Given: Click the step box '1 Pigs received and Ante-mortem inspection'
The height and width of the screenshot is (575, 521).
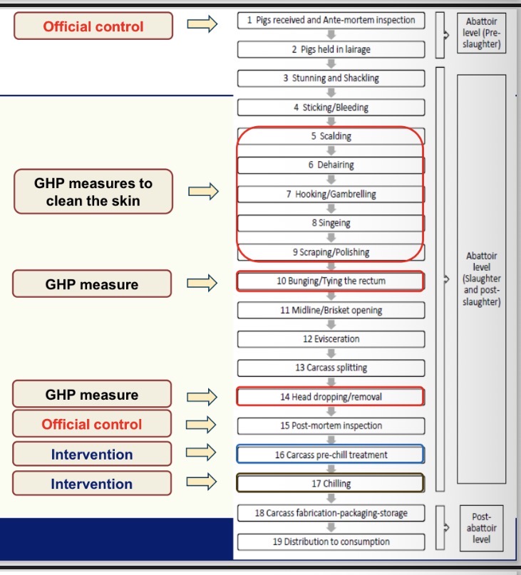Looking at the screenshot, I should [331, 21].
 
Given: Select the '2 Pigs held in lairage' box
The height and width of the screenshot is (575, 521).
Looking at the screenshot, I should [331, 50].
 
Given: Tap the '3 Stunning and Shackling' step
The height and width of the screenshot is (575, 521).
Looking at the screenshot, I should [331, 78].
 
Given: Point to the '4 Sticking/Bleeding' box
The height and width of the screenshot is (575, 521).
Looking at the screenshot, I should [331, 108].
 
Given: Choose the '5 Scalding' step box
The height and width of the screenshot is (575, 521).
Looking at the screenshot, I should [331, 136].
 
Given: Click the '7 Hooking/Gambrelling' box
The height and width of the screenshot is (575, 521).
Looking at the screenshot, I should [331, 194].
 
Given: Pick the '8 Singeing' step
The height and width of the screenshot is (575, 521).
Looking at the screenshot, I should [331, 223].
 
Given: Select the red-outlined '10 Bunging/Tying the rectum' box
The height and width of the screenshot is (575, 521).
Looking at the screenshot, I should [331, 281].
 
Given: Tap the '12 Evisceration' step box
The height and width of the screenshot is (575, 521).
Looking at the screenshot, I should [331, 339].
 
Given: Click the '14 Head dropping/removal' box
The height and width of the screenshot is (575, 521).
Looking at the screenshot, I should [331, 397].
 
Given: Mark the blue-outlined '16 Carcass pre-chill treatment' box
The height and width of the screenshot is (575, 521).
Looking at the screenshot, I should [331, 455].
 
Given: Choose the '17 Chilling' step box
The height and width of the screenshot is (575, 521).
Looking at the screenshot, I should [331, 484].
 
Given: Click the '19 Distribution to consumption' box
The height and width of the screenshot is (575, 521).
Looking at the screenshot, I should [331, 542].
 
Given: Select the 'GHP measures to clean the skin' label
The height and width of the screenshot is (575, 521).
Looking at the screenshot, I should [93, 192].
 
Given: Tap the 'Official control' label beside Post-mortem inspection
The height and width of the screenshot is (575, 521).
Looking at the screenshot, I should [92, 425].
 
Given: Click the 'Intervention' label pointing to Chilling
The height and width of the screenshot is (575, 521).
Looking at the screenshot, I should [92, 484].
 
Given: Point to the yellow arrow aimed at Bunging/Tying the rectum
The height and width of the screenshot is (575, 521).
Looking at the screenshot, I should [202, 284].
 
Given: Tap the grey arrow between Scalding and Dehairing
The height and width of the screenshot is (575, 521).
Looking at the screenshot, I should [331, 150].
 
